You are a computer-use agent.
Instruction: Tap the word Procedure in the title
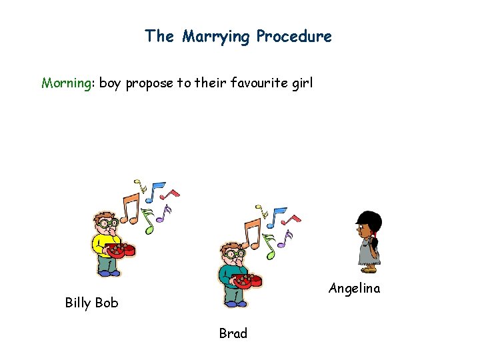[294, 36]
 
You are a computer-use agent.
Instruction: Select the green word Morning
[66, 83]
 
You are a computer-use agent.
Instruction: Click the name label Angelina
[354, 288]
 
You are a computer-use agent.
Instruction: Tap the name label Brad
[233, 333]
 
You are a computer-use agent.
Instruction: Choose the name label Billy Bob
[91, 303]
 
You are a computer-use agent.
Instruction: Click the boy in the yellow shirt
[107, 243]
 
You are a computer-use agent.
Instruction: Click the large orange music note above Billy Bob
[131, 210]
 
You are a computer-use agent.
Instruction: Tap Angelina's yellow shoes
[368, 269]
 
